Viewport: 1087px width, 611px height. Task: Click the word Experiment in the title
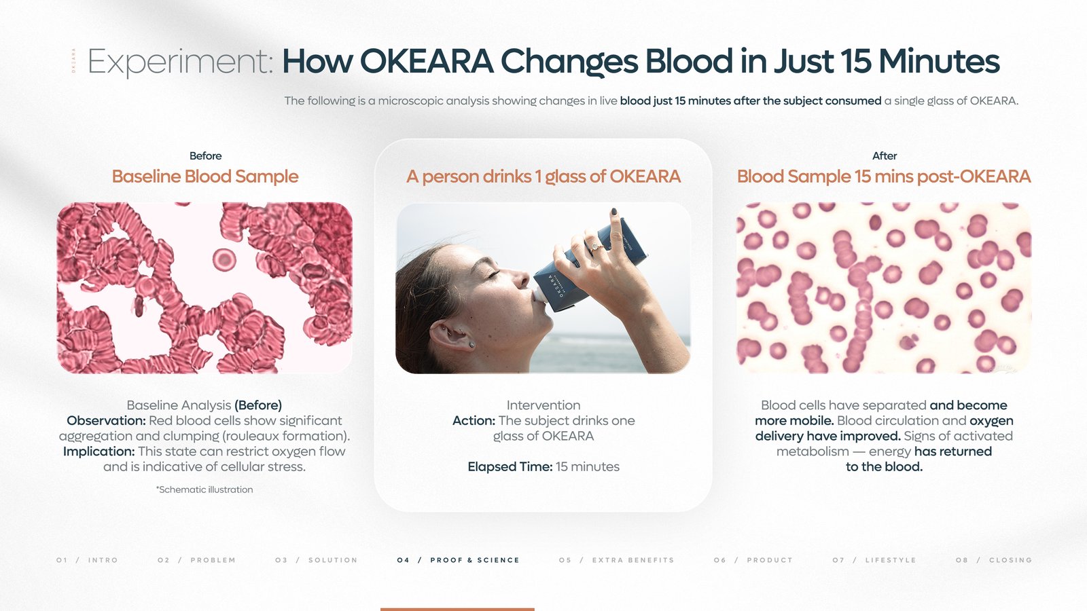[x=180, y=62]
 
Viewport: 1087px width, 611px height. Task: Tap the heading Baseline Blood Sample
[x=204, y=177]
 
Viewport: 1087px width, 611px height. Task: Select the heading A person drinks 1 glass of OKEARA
[x=543, y=177]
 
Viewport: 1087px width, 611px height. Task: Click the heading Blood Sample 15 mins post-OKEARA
[x=883, y=177]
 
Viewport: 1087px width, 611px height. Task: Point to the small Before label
[x=205, y=155]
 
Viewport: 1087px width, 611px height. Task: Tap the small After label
[x=884, y=155]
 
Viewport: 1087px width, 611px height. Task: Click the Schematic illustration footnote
[x=204, y=489]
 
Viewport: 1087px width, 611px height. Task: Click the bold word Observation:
[x=106, y=420]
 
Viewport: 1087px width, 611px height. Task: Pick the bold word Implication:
[x=99, y=451]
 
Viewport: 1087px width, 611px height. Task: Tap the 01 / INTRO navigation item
[x=87, y=560]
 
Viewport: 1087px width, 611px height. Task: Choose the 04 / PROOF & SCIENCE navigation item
[x=458, y=560]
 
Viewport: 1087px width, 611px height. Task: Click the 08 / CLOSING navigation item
[x=993, y=560]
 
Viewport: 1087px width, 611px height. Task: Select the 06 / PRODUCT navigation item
[x=753, y=560]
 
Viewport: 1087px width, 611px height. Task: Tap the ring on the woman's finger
[x=596, y=247]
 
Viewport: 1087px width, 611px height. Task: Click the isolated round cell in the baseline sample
[x=224, y=259]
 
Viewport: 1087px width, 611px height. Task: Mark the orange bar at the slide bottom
[x=457, y=609]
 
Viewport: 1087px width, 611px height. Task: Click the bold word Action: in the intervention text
[x=474, y=420]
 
